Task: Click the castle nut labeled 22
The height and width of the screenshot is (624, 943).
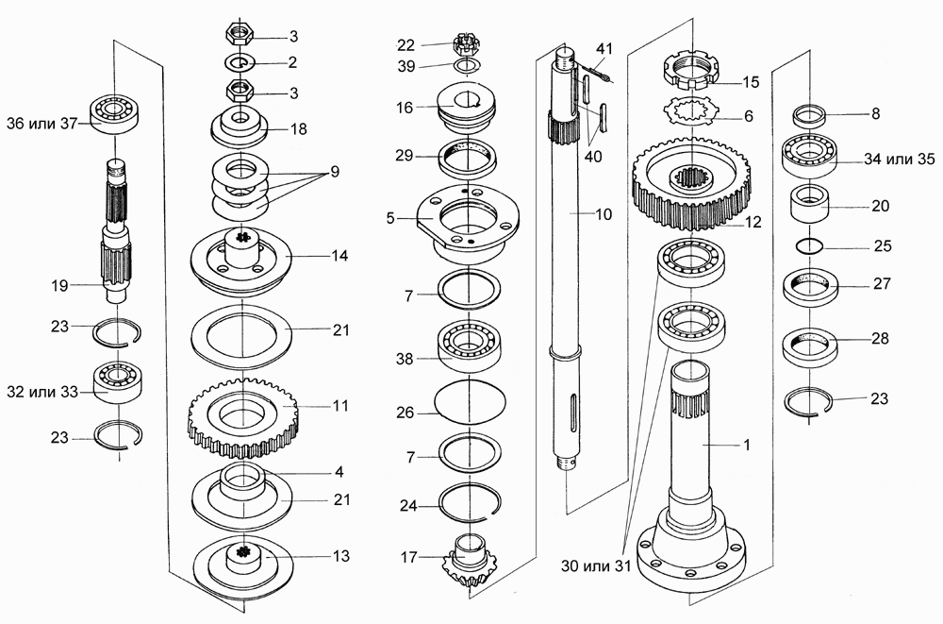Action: click(464, 44)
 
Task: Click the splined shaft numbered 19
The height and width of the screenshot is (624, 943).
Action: click(117, 230)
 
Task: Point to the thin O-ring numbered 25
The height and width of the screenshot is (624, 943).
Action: click(809, 246)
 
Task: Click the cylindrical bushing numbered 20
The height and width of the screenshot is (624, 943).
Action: click(809, 204)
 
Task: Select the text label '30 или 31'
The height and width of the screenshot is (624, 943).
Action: click(596, 565)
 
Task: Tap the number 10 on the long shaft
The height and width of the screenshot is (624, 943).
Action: click(604, 214)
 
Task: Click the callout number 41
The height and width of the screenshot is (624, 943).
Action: click(604, 48)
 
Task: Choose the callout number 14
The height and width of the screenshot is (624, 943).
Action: click(339, 256)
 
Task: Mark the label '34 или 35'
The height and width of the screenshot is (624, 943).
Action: click(900, 159)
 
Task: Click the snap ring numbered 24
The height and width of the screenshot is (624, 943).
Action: click(470, 502)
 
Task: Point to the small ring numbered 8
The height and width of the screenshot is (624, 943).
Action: click(809, 115)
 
